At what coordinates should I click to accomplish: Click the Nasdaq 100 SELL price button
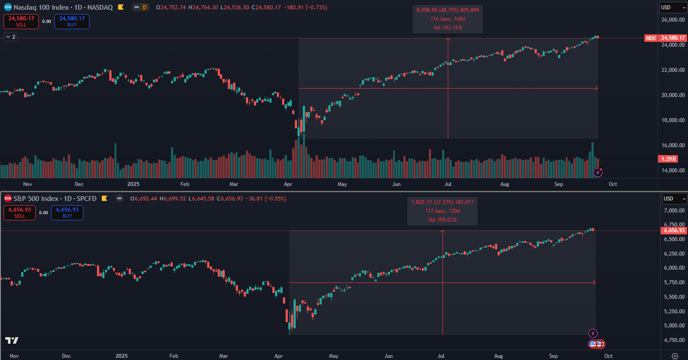coord(21,21)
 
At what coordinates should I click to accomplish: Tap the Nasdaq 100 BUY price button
coord(72,21)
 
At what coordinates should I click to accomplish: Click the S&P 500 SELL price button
coord(19,212)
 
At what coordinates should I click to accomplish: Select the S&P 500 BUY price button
coord(67,212)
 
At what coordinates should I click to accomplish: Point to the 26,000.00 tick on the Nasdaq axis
coord(673,20)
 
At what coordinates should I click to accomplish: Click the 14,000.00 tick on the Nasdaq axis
coord(673,171)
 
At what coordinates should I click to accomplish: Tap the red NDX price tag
coord(651,38)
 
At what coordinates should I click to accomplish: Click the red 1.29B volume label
coord(668,159)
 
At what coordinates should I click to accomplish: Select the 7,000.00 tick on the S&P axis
coord(674,211)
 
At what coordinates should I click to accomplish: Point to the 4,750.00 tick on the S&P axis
coord(674,340)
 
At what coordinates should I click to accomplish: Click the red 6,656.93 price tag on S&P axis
coord(674,230)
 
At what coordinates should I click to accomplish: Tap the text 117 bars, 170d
coord(442,211)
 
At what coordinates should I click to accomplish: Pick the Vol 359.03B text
coord(442,220)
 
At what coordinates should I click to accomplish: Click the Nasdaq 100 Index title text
coord(41,7)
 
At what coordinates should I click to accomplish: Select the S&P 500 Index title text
coord(37,199)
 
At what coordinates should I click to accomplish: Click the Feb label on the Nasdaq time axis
coord(185,184)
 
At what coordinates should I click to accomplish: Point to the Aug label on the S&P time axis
coord(498,356)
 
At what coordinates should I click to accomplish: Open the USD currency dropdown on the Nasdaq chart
coord(673,7)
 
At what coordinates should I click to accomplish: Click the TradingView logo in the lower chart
coord(12,340)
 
